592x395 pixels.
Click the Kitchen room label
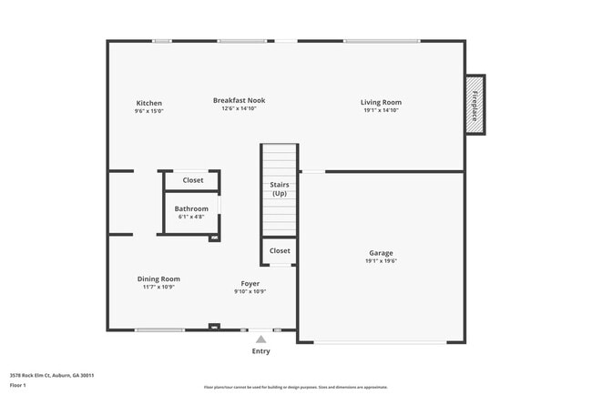coord(149,103)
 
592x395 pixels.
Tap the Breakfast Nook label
coord(239,100)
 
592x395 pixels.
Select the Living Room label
coord(381,103)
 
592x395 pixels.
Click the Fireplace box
coord(475,104)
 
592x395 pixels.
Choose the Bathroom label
coord(191,208)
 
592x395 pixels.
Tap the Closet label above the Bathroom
coord(193,180)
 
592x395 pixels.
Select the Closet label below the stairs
coord(280,250)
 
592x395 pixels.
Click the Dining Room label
coord(158,279)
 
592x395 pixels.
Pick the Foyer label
coord(250,283)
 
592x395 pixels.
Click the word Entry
coord(260,350)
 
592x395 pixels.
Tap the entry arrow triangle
coord(260,339)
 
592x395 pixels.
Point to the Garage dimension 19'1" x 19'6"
coord(381,260)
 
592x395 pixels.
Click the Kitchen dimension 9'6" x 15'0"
coord(149,111)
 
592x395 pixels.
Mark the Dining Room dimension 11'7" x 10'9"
coord(158,287)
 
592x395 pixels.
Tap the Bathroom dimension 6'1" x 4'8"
coord(191,217)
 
